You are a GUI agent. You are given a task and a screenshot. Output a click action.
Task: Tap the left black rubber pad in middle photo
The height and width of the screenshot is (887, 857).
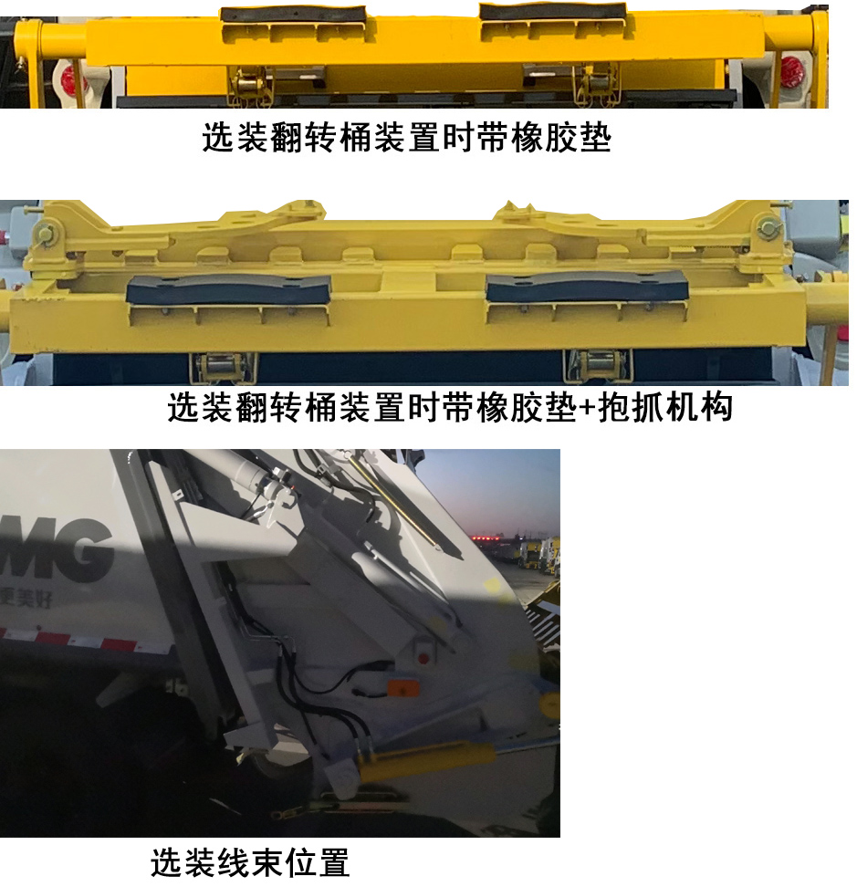click(x=228, y=290)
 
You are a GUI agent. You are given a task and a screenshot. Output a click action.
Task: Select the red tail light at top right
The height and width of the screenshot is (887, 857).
click(x=791, y=69)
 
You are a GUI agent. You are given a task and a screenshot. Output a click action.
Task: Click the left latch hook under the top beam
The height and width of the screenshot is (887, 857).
click(x=248, y=86)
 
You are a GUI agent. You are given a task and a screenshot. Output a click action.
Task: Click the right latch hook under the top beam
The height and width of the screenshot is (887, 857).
click(x=596, y=85)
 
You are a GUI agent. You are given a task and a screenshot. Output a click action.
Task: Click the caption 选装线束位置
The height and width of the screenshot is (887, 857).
click(x=249, y=861)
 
